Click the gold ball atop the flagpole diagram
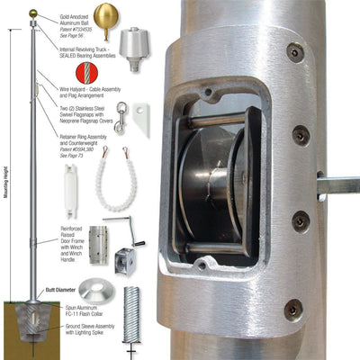(33, 13)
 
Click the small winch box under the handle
(123, 261)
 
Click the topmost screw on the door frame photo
(295, 52)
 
